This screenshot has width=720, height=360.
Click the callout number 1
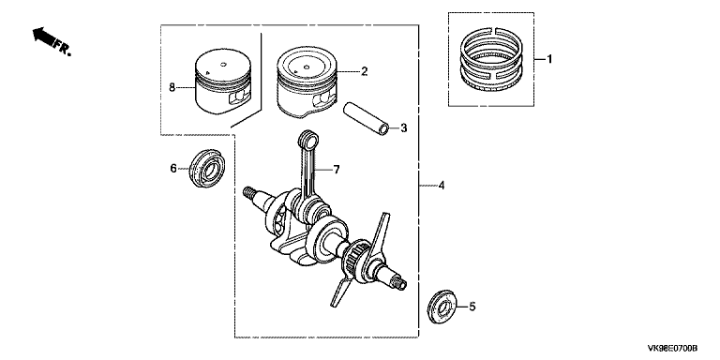(x=548, y=59)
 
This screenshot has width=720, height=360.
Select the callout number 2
(x=364, y=71)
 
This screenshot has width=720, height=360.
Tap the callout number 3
(x=403, y=128)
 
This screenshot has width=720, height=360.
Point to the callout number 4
(x=442, y=186)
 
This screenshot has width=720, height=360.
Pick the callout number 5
(x=472, y=307)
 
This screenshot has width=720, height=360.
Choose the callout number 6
(x=173, y=169)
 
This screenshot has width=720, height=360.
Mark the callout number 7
(x=337, y=170)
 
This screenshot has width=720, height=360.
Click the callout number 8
(x=172, y=87)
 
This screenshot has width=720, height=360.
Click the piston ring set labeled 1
(x=492, y=59)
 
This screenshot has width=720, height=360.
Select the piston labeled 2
(x=307, y=82)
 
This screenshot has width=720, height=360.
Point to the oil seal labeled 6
(x=207, y=168)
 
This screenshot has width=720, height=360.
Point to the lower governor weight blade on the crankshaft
(x=341, y=287)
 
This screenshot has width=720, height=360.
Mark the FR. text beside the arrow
(x=63, y=47)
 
